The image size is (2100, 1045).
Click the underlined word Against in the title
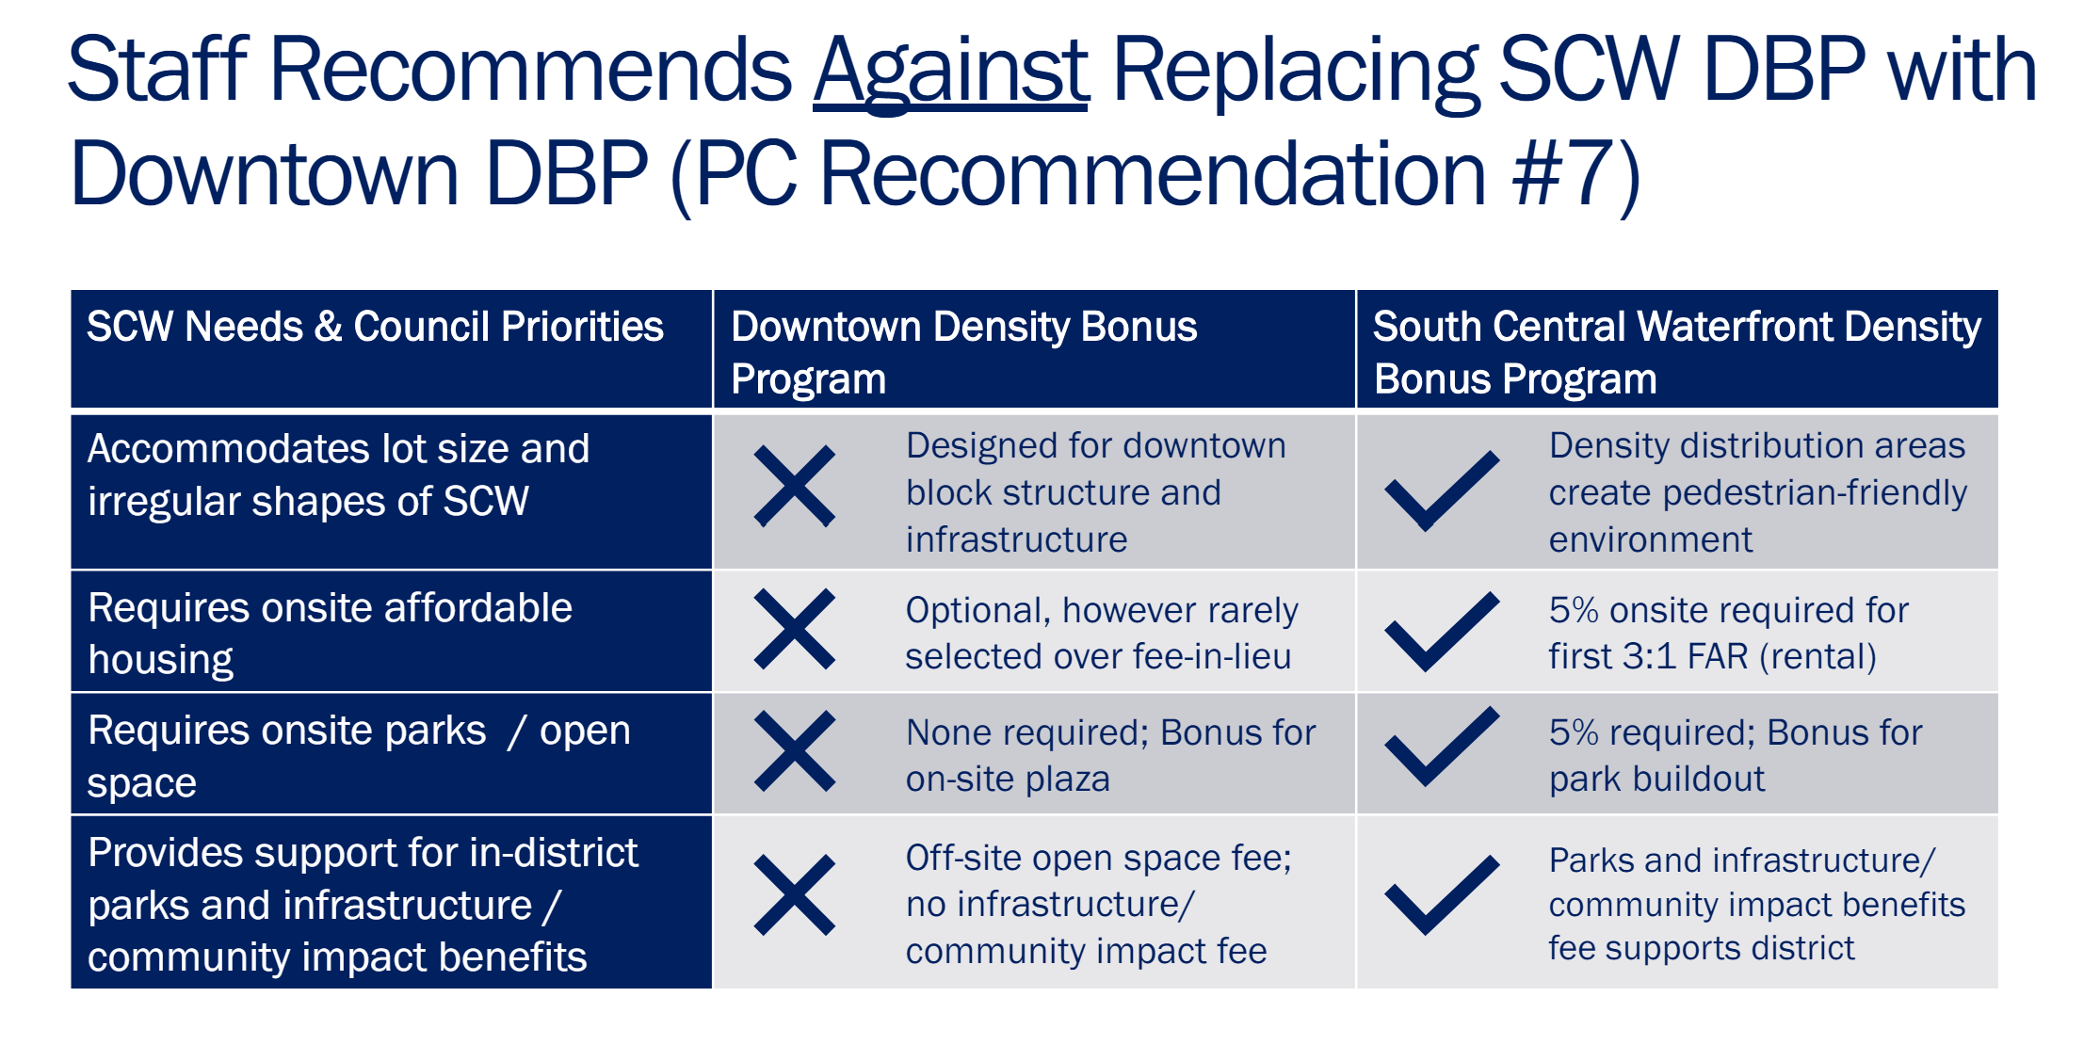point(951,73)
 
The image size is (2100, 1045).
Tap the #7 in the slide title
point(1555,174)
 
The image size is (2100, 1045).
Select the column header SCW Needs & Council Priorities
point(375,327)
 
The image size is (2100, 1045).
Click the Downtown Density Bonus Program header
point(963,352)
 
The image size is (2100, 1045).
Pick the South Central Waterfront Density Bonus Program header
point(1677,352)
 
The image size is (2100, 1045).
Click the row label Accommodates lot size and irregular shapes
point(338,474)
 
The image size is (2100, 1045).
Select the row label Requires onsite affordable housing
point(330,634)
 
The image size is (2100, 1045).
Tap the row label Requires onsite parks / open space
point(359,756)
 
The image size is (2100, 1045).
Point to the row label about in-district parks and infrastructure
point(363,904)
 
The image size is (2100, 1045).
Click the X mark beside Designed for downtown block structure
point(795,486)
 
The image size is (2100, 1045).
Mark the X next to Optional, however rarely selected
point(795,629)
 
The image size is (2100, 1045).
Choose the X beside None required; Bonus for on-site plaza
point(795,751)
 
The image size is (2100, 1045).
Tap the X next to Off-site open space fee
point(795,895)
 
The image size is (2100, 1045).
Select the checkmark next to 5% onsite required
point(1441,631)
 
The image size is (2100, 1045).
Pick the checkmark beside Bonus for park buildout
point(1441,747)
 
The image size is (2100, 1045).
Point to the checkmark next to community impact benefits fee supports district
point(1441,894)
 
